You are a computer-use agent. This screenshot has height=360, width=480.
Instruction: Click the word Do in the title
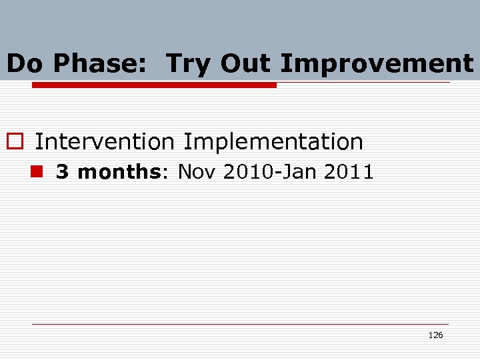[x=27, y=64]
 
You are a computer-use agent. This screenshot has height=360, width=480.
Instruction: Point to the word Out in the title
[x=246, y=64]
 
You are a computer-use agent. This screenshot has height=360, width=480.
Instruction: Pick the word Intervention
[x=105, y=141]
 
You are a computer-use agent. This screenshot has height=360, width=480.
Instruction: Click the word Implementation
[x=273, y=142]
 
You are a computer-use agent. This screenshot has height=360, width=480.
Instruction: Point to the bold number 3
[x=63, y=172]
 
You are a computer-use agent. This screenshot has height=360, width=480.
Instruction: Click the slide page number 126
[x=435, y=335]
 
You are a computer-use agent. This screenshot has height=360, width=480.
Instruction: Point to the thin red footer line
[x=240, y=325]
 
